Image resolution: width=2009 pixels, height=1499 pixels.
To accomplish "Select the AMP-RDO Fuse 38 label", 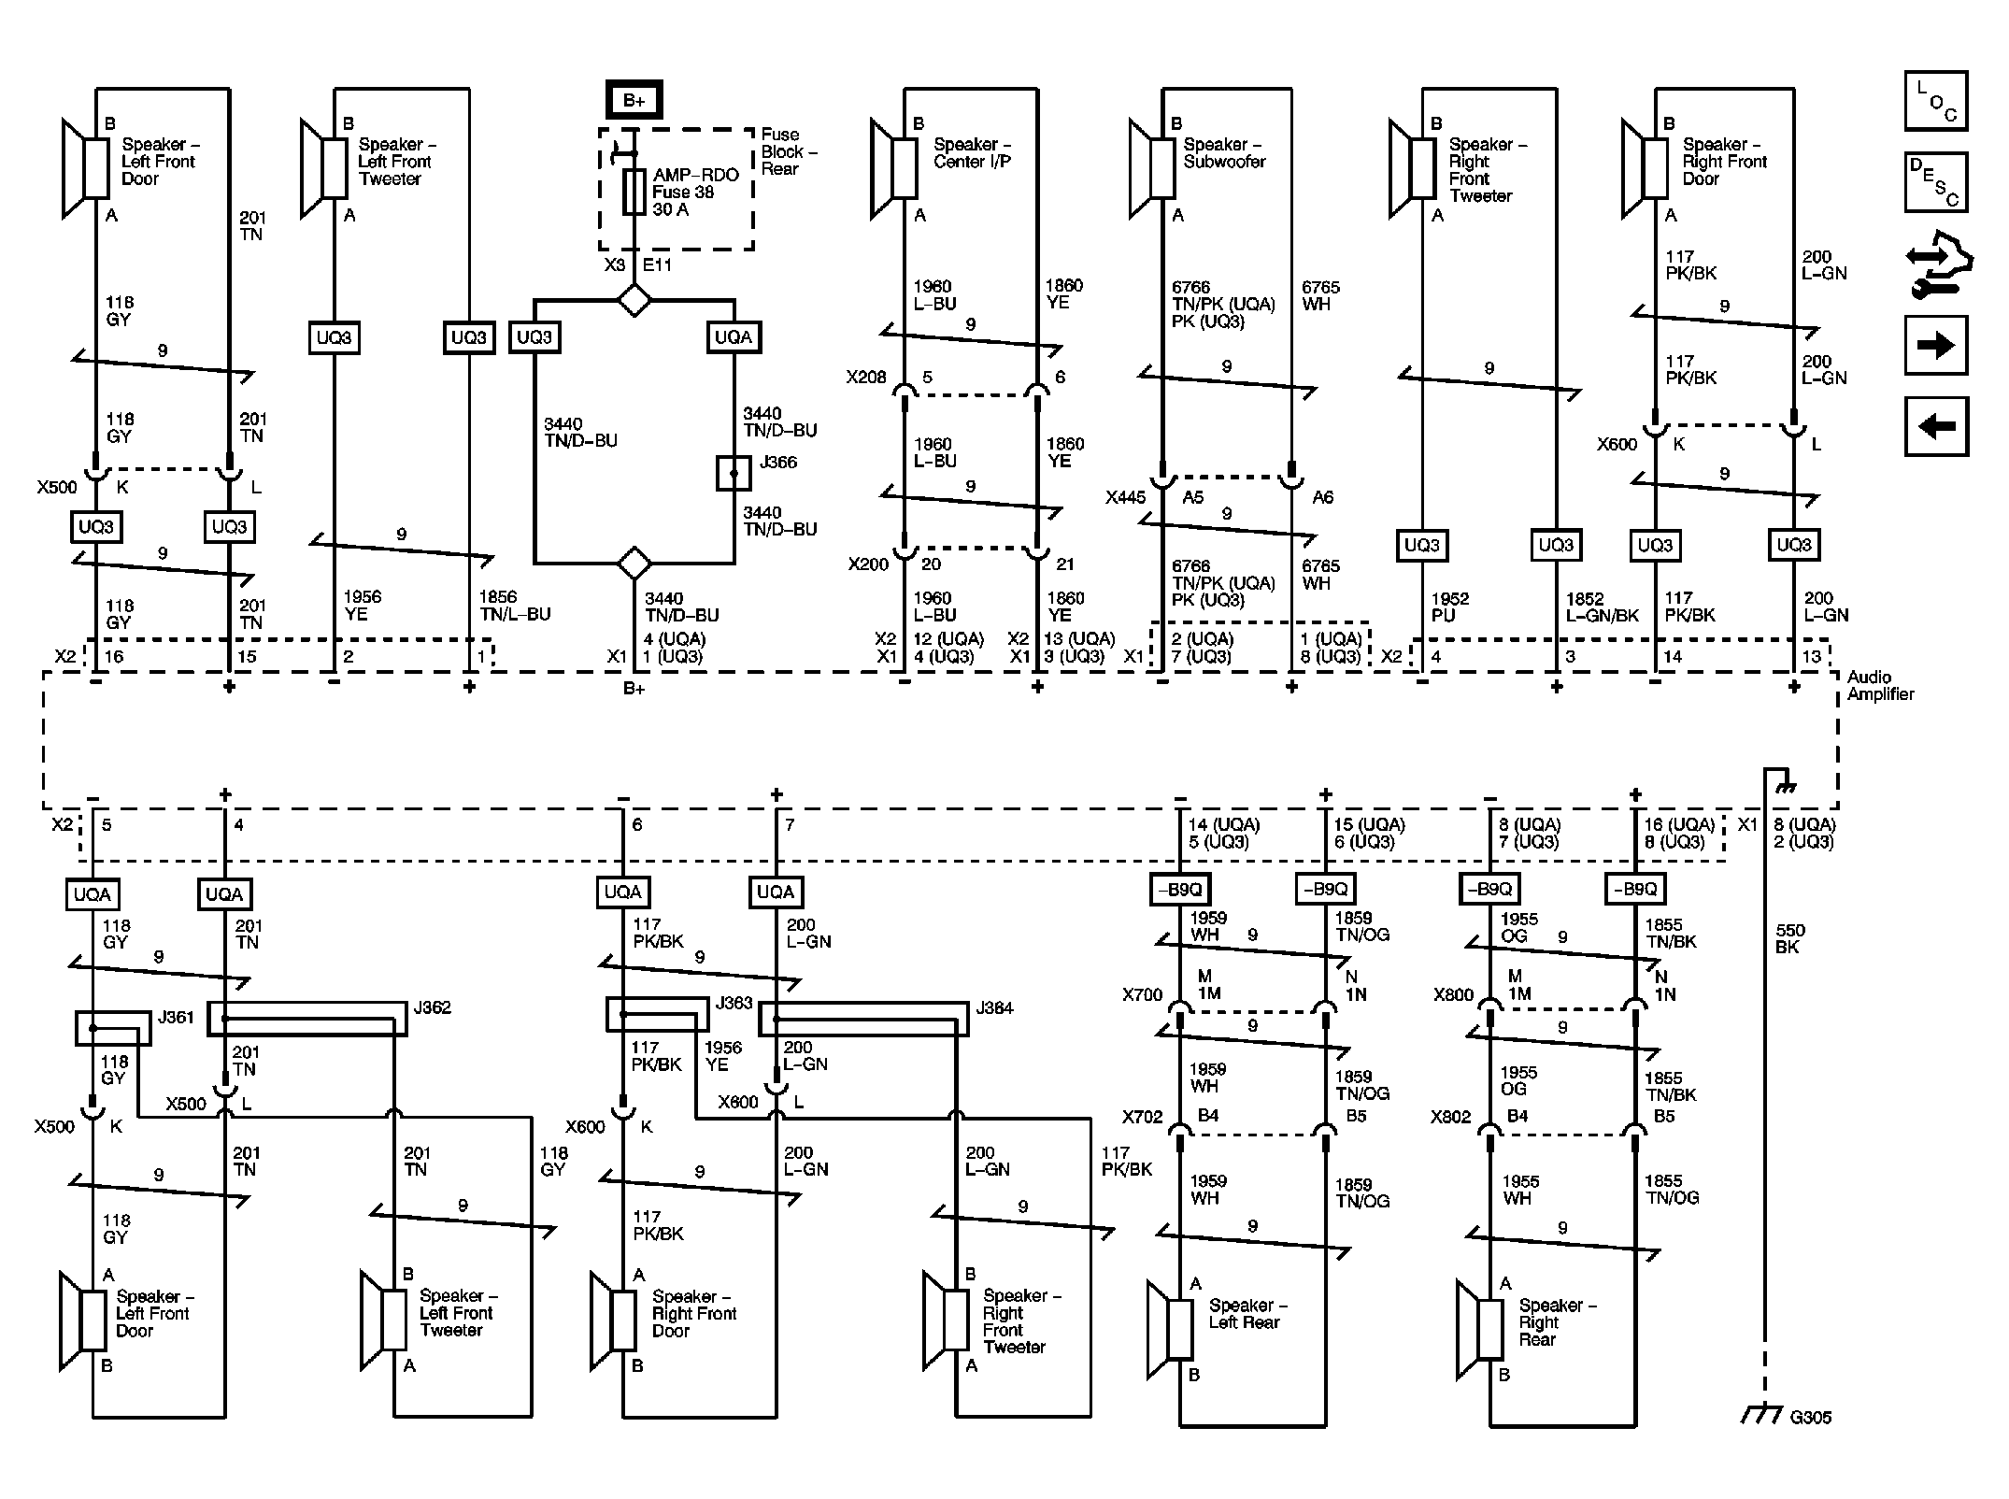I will pos(695,193).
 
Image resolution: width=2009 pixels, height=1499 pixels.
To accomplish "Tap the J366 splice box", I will pos(733,474).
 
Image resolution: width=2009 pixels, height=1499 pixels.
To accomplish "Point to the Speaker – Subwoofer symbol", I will pos(1151,169).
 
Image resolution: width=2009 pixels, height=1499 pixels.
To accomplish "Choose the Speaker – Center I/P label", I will pos(972,153).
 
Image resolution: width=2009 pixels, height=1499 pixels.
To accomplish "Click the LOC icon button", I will pos(1936,101).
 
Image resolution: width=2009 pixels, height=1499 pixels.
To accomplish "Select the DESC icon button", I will pos(1936,182).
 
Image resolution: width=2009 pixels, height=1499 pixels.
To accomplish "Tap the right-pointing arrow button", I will pos(1936,346).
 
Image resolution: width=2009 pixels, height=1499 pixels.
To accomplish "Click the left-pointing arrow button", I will pos(1936,426).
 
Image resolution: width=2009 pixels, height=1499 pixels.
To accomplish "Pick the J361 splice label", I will pos(176,1017).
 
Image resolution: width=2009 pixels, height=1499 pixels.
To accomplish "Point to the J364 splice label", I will pos(994,1007).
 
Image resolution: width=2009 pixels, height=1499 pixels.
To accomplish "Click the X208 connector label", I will pos(865,378).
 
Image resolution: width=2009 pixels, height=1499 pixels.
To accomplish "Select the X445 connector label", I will pos(1125,498).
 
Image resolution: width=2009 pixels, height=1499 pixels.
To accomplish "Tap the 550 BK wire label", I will pos(1790,938).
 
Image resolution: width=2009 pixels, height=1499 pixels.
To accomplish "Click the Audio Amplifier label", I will pos(1880,686).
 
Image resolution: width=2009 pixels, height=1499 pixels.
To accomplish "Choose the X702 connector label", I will pos(1142,1116).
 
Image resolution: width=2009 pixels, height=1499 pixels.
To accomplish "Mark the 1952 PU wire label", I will pos(1449,607).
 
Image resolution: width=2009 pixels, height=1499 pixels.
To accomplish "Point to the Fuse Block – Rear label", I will pos(789,151).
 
